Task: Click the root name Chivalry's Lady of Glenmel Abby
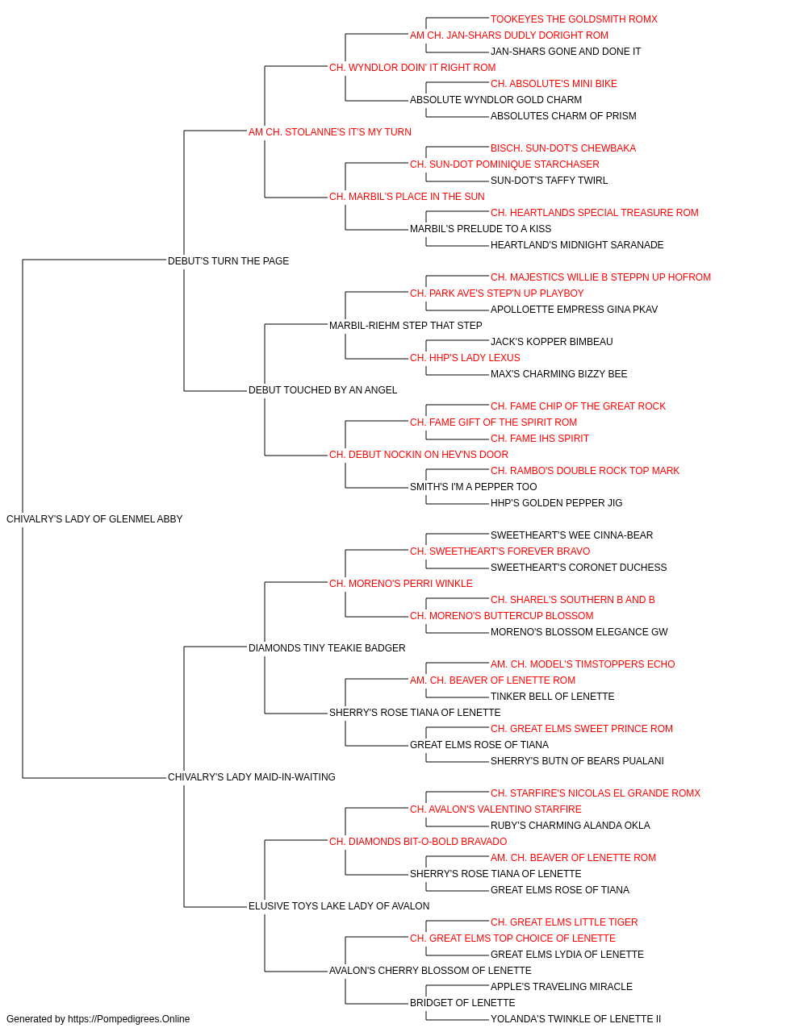(x=94, y=519)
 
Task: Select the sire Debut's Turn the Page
(x=228, y=260)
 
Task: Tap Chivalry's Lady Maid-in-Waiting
(x=252, y=777)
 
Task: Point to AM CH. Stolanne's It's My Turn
(x=330, y=132)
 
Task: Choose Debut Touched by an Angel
(x=323, y=390)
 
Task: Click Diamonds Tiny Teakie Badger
(x=327, y=647)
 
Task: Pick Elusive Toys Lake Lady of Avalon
(x=339, y=905)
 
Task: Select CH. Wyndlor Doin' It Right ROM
(x=412, y=68)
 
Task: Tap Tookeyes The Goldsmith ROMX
(x=574, y=19)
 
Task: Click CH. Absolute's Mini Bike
(x=554, y=84)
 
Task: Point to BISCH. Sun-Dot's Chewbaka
(x=563, y=148)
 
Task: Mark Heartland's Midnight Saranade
(x=577, y=244)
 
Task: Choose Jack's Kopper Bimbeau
(x=552, y=342)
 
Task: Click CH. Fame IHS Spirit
(x=540, y=439)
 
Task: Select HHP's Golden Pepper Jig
(x=557, y=502)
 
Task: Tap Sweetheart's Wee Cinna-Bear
(x=571, y=535)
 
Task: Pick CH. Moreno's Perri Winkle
(x=400, y=583)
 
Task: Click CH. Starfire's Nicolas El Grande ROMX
(x=596, y=793)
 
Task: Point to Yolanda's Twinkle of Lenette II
(x=575, y=1019)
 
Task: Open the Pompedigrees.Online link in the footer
(x=129, y=1019)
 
